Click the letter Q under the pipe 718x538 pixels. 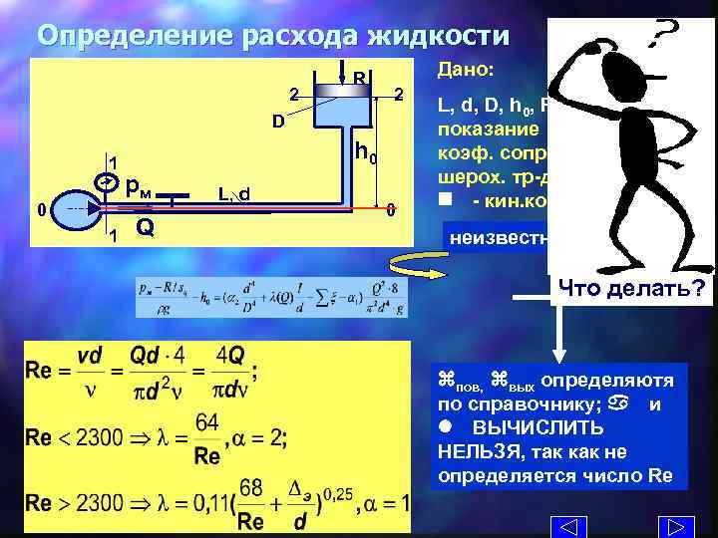145,228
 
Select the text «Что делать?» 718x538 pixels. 629,290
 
